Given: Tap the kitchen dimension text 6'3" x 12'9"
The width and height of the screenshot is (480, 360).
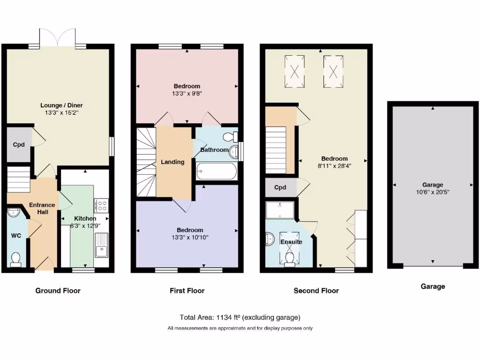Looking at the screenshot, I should point(85,225).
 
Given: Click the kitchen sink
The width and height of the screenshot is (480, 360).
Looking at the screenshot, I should point(101,246).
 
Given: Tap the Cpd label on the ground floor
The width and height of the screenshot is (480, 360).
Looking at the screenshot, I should point(18,144).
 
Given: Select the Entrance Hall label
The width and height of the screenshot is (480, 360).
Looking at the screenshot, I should point(42,209).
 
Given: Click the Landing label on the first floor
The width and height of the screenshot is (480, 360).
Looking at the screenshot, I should point(172,162).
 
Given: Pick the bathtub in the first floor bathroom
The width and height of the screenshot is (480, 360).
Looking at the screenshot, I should point(216,172).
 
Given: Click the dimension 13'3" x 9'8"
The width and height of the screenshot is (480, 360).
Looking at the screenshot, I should point(187,93).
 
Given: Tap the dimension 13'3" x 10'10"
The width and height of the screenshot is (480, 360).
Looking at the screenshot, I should point(190,237).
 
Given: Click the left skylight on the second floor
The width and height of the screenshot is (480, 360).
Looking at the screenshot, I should point(295,72).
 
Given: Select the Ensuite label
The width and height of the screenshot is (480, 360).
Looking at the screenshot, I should point(291,242).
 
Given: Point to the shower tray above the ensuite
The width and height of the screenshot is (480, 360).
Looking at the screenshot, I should point(280,210).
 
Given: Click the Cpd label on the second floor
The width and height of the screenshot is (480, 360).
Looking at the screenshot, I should point(280,187).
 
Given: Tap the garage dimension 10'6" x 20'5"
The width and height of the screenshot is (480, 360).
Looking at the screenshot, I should point(432,192).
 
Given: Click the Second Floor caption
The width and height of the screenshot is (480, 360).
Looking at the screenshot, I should point(316,291).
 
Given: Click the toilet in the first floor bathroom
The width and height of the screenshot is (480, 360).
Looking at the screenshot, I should point(229,137).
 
